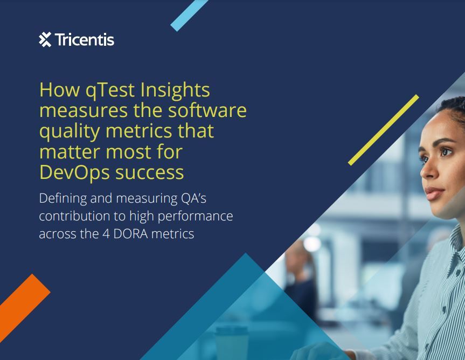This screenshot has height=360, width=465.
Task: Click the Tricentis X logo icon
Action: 45,39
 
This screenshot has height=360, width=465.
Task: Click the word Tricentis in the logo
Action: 85,40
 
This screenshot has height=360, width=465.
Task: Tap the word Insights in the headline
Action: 175,90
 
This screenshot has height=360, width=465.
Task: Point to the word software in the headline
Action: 207,110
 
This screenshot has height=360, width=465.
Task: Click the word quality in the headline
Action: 70,131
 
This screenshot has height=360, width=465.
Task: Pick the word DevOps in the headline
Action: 74,173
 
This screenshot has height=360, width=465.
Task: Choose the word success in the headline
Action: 149,173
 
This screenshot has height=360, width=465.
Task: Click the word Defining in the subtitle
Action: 63,199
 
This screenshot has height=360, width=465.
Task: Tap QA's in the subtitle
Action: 193,198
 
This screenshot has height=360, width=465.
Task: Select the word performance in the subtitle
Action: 195,217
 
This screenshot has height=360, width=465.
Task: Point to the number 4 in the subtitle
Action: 106,234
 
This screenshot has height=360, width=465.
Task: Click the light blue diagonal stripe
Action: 189,15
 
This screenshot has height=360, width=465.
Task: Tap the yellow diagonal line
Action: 384,130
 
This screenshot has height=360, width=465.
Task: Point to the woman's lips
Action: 434,193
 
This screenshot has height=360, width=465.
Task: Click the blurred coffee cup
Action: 232,343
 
